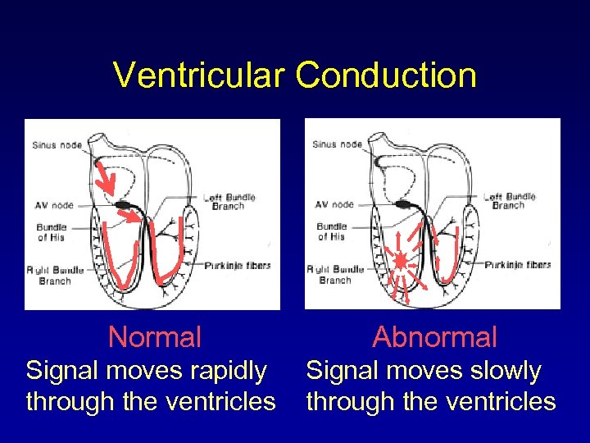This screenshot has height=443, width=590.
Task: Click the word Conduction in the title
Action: coord(386,75)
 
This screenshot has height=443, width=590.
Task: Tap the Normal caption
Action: coord(155,336)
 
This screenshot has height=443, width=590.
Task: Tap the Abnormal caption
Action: coord(434,336)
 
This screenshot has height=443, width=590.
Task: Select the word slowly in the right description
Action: coord(501,372)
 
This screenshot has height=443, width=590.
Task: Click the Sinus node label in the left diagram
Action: coord(57,145)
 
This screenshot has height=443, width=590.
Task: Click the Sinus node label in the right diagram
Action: coord(337,144)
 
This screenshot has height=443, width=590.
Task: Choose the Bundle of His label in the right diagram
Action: coord(331,231)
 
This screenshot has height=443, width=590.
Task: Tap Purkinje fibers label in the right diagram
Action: coord(517,265)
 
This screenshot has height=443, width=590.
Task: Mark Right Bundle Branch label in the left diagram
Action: coord(54,275)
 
